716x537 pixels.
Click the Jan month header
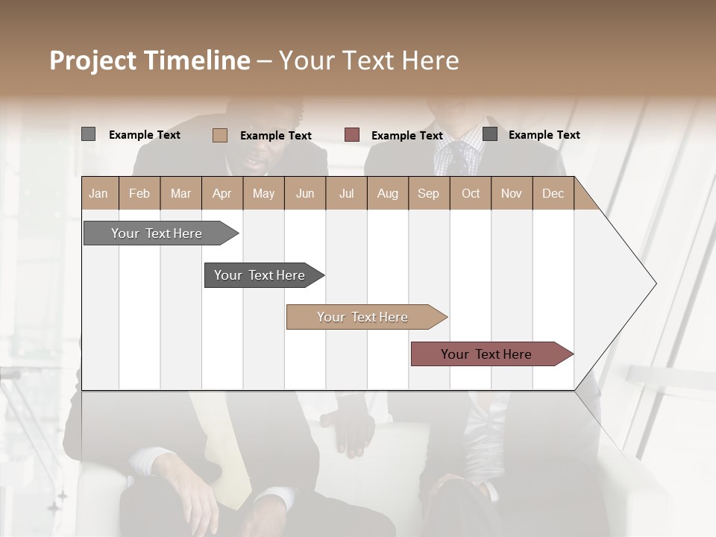coord(98,193)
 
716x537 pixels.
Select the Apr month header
coord(222,193)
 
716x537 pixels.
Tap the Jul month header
coord(346,193)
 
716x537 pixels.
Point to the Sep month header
coord(428,193)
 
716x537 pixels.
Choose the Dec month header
coord(553,193)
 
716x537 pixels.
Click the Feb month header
coord(139,193)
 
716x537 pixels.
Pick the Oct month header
coord(471,193)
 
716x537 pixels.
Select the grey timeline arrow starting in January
coord(157,233)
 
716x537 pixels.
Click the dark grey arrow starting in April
coord(260,275)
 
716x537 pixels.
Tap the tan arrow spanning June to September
coord(362,317)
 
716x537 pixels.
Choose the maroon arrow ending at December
coord(486,354)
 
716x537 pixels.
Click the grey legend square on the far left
coord(89,134)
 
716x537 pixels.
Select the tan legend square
coord(220,135)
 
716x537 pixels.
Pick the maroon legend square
coord(352,135)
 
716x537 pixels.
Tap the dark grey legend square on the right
coord(490,134)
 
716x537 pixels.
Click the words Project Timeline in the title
coord(149,60)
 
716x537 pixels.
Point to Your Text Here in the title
coord(368,60)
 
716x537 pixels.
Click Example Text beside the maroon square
coord(406,136)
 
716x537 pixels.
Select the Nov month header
coord(512,193)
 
